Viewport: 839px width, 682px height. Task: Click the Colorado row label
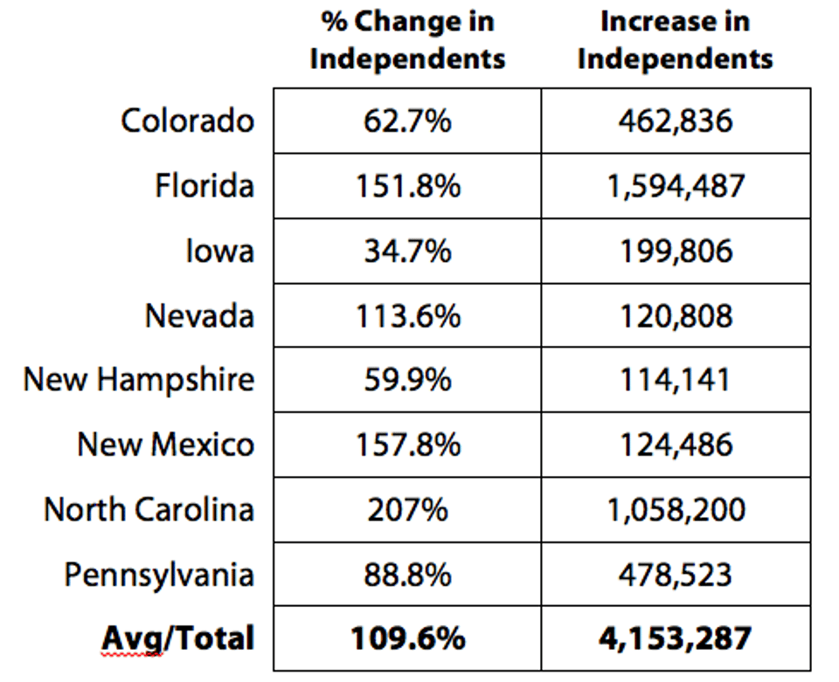188,121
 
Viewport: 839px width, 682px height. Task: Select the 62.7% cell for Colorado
407,121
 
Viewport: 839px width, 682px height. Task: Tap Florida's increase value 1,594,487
676,185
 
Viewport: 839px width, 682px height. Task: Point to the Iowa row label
219,251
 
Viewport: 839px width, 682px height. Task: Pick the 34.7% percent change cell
407,251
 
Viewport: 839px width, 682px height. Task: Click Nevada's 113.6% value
407,315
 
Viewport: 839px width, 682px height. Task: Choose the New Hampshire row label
139,380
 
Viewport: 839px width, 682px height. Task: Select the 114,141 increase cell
676,380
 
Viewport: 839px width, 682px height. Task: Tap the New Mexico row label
166,444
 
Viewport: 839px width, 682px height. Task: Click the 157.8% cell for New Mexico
407,444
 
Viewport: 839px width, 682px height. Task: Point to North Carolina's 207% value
407,509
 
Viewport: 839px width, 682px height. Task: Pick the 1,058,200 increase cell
676,509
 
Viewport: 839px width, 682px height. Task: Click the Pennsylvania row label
159,575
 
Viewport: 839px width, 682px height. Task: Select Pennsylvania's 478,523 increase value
676,575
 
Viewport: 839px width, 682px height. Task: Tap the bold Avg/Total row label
178,639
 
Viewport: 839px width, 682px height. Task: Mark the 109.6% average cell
407,639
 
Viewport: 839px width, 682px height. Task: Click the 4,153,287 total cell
676,639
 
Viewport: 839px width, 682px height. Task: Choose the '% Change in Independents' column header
407,40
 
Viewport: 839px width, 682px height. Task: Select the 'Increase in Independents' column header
676,40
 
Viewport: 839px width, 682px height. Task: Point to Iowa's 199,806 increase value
676,251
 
